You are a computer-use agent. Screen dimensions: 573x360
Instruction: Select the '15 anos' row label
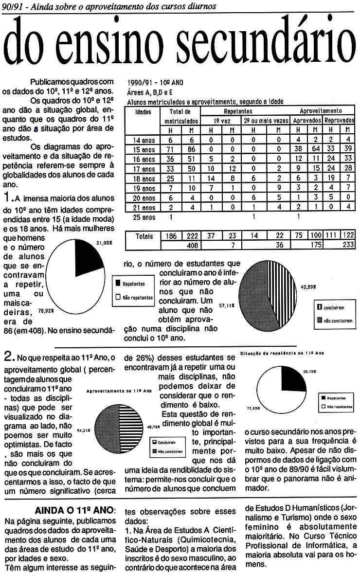pos(144,149)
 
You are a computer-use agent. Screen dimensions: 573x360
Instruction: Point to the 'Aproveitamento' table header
pos(320,111)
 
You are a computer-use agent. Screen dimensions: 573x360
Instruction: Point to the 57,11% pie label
pos(226,305)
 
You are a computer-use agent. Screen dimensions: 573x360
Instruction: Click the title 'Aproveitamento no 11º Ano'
pos(119,391)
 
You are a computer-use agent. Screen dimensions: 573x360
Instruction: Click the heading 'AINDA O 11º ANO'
pos(76,510)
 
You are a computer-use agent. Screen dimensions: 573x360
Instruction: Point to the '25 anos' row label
pos(144,217)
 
